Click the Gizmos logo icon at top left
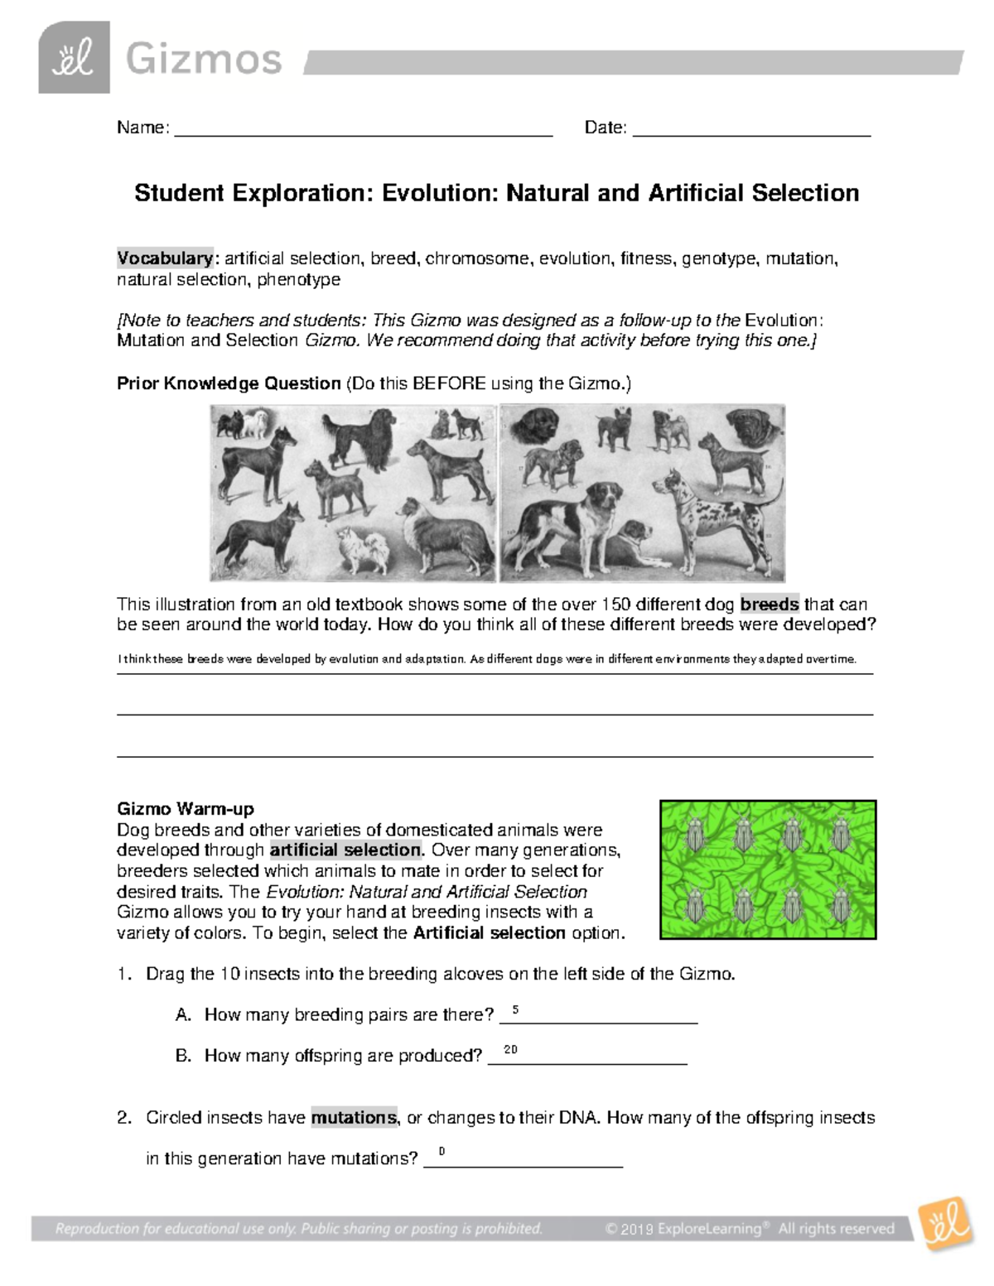(74, 58)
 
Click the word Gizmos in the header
(204, 60)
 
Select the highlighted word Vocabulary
(165, 258)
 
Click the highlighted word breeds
(770, 604)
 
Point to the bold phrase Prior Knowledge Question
(229, 383)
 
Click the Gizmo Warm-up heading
(186, 809)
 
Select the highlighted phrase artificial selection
(345, 850)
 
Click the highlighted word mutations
(354, 1117)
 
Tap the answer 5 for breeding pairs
(515, 1009)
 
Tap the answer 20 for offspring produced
(510, 1050)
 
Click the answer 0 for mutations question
(442, 1152)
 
